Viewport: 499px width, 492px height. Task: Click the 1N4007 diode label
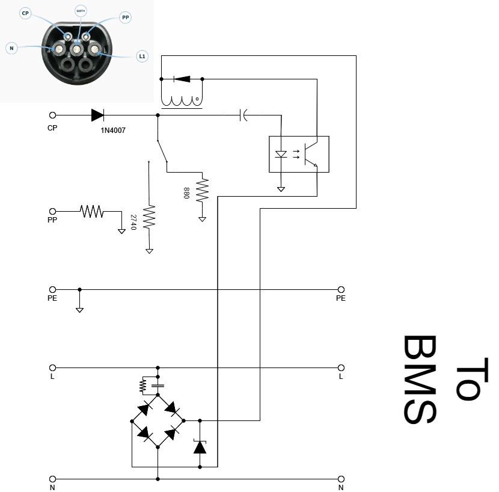113,130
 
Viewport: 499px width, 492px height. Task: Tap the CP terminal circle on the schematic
52,115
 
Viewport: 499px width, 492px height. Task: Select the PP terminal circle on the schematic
52,211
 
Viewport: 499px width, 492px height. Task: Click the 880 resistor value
186,192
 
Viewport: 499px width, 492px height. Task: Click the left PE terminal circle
52,289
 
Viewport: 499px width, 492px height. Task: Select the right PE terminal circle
341,289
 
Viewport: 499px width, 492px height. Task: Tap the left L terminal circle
52,367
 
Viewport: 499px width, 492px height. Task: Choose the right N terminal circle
341,479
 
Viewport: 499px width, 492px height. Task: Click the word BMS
419,380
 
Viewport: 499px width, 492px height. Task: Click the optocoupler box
298,154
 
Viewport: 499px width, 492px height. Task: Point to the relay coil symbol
182,101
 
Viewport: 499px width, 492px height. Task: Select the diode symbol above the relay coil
181,79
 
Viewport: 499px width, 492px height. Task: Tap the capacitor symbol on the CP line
243,115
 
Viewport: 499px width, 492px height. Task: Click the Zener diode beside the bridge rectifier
200,447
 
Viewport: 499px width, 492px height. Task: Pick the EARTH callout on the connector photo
80,11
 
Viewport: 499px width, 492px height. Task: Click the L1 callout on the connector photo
142,56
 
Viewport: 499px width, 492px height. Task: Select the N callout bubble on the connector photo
11,47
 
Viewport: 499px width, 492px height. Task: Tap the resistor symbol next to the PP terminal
92,211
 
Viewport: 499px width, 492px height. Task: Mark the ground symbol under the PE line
79,309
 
